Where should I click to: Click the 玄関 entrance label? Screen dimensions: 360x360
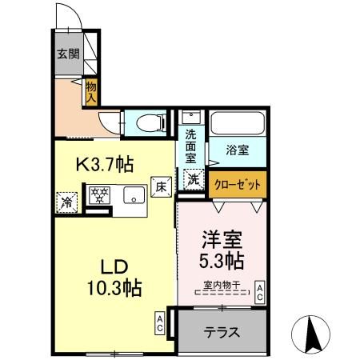click(x=67, y=54)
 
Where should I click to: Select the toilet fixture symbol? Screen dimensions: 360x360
click(x=149, y=122)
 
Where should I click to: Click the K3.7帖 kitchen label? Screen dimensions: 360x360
click(x=104, y=165)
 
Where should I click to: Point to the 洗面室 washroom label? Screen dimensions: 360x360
click(x=192, y=146)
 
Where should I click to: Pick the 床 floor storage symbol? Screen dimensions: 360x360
click(x=160, y=188)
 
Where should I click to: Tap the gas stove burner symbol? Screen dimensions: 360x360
click(x=100, y=197)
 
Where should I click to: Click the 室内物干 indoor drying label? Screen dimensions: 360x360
click(x=223, y=285)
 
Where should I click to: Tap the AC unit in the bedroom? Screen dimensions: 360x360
click(x=259, y=293)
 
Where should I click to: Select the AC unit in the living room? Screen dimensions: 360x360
click(x=160, y=323)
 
